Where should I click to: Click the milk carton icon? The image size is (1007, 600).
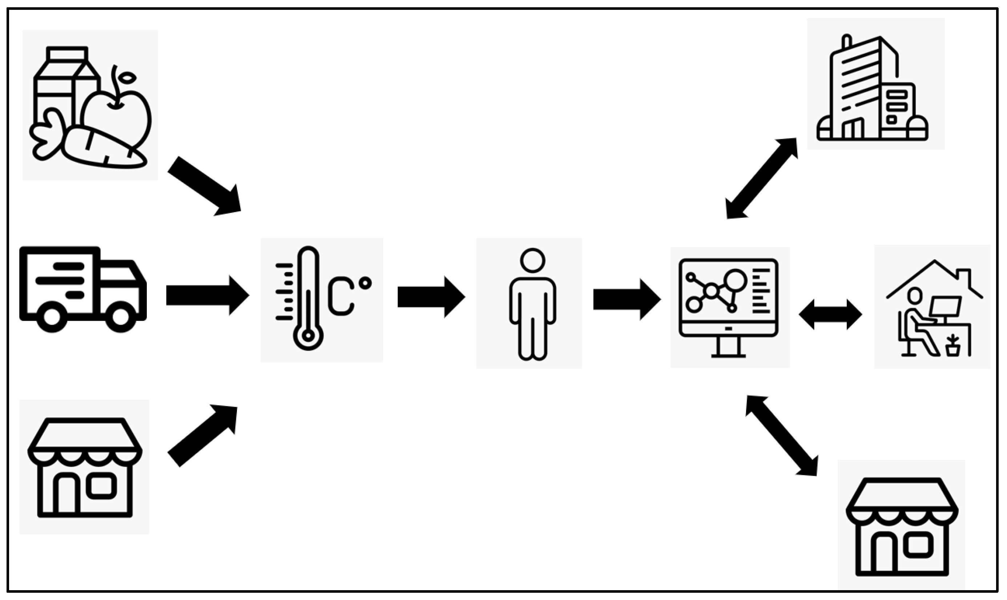(61, 89)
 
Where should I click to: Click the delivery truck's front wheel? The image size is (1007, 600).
(120, 317)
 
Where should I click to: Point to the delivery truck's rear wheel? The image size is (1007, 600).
(52, 317)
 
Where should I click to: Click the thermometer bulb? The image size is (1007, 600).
(308, 335)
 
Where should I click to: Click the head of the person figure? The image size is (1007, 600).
(532, 260)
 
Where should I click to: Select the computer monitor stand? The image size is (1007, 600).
(729, 347)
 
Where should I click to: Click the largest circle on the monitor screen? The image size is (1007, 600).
(735, 279)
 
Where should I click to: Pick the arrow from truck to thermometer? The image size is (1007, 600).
(207, 295)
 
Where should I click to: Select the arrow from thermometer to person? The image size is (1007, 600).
(431, 297)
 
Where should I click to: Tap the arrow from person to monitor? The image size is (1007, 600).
(627, 299)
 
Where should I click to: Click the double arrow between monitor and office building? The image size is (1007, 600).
(762, 178)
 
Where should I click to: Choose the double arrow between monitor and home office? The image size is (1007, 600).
(830, 315)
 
